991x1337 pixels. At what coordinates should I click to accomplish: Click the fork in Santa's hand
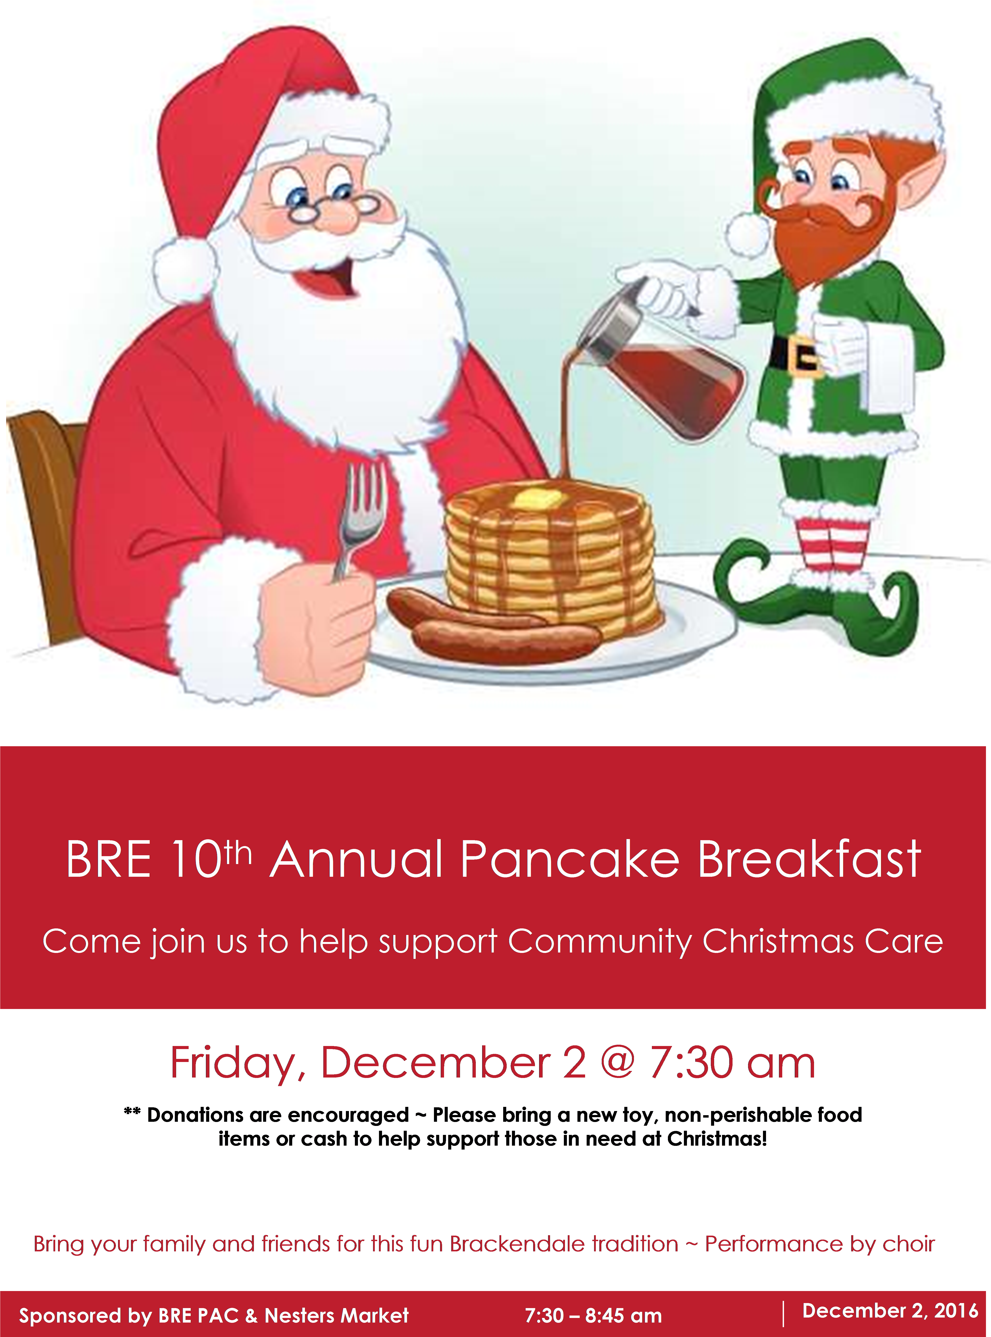click(x=359, y=516)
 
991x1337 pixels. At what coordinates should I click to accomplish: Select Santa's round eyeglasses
click(x=333, y=207)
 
